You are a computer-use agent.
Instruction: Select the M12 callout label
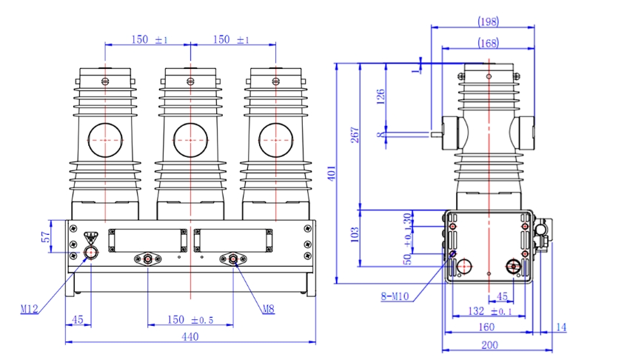pos(30,308)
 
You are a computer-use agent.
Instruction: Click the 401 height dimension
pos(342,173)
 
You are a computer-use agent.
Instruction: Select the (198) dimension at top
pos(487,21)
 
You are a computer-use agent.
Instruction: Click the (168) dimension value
pos(487,43)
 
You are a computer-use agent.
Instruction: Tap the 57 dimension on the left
pos(45,236)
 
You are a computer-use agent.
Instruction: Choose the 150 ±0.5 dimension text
pos(190,319)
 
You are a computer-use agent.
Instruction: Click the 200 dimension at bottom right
pos(489,344)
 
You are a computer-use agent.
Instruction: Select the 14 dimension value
pos(560,327)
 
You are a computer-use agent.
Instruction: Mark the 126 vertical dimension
pos(381,98)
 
